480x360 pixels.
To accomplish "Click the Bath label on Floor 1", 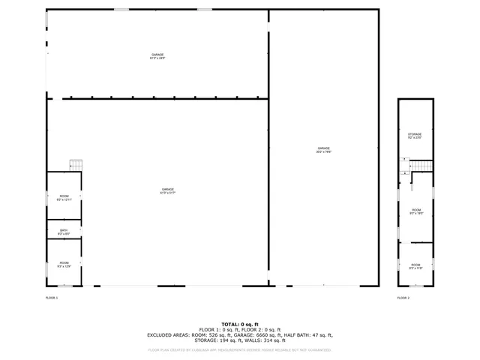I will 64,232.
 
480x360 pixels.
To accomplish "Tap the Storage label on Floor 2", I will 415,136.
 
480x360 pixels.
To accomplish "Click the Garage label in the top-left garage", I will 157,56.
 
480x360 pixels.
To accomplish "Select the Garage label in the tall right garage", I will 324,150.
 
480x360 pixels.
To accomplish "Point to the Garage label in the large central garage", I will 167,190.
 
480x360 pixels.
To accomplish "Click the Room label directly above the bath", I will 64,198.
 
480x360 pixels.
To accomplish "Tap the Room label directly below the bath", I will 64,263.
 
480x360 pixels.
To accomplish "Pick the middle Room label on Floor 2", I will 415,211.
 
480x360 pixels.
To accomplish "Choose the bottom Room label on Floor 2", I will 415,266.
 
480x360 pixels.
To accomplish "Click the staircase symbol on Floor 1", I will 76,165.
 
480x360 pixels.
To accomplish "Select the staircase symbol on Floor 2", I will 422,166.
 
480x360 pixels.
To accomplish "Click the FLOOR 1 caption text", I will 52,298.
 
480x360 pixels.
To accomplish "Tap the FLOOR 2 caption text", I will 403,298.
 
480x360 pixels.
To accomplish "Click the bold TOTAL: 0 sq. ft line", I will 239,324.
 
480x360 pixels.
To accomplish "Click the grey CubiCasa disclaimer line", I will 239,349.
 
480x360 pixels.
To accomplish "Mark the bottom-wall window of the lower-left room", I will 65,286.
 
